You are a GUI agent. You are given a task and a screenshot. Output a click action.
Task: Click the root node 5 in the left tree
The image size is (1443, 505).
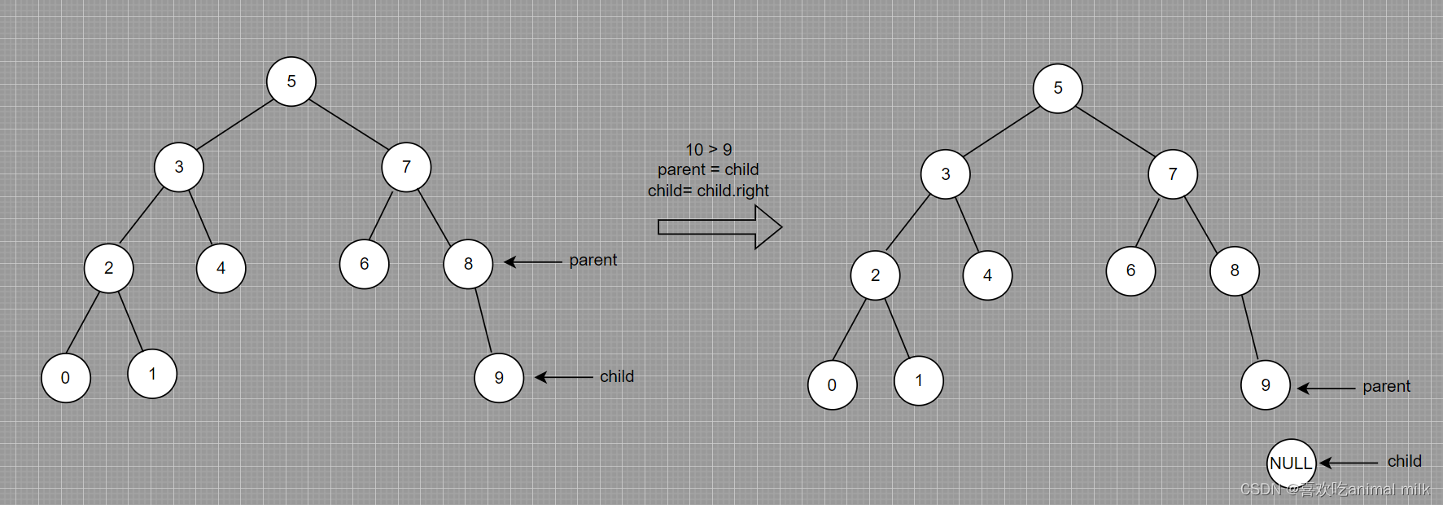[291, 81]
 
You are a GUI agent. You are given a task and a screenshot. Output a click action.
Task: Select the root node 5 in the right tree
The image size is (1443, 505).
[1057, 88]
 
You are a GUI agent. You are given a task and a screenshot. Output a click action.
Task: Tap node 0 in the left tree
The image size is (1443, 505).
[66, 378]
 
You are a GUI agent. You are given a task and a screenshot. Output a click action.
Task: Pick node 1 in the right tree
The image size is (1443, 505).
[918, 380]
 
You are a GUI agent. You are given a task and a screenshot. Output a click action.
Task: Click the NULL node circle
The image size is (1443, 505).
[1291, 463]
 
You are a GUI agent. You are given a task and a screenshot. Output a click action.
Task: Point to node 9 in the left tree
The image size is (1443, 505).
[499, 378]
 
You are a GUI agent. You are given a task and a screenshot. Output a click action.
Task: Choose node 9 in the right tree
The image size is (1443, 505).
[1265, 384]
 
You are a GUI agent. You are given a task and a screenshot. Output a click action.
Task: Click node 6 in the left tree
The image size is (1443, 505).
[364, 264]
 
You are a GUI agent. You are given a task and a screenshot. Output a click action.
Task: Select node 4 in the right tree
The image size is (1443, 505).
[987, 275]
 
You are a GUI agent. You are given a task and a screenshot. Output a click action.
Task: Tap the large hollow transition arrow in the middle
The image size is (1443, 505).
[719, 227]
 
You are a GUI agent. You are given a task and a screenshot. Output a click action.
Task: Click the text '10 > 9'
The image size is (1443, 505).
[708, 150]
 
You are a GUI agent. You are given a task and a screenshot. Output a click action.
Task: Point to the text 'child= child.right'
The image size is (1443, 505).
[708, 191]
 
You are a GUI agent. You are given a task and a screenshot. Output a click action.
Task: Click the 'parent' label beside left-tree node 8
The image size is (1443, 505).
[593, 260]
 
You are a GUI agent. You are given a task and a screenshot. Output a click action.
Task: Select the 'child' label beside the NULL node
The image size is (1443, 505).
[1404, 461]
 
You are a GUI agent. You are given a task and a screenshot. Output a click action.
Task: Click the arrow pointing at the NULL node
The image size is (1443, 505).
[1349, 463]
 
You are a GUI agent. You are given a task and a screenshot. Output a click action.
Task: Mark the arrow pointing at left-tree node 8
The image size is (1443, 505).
[533, 262]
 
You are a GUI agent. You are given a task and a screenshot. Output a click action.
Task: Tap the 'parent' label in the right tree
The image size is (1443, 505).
[1386, 386]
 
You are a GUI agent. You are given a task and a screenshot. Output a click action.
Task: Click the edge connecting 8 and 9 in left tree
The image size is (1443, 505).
[483, 320]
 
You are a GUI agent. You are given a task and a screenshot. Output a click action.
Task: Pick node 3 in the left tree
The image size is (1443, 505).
[179, 167]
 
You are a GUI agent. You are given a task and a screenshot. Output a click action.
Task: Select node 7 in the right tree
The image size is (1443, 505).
[1172, 174]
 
